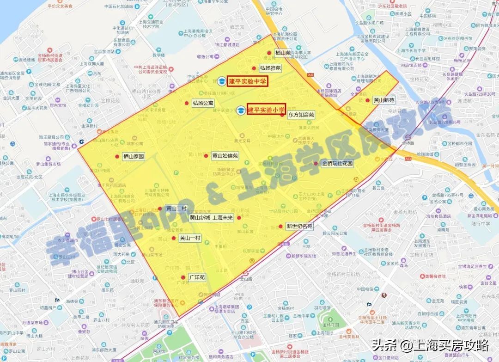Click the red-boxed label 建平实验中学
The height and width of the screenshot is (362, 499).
(x=248, y=81)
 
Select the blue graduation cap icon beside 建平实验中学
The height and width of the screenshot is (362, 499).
(x=222, y=81)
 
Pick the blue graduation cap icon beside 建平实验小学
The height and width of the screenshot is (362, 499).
(x=241, y=110)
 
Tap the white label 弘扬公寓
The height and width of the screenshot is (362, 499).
(x=203, y=103)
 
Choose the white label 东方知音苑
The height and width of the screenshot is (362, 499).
(x=301, y=114)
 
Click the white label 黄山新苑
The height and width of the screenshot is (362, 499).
(x=384, y=100)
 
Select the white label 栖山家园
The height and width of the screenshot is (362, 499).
(x=134, y=157)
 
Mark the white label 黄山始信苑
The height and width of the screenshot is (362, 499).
(x=225, y=156)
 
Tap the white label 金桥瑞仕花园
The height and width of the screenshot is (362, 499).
(x=337, y=163)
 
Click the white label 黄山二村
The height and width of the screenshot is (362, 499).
(x=176, y=209)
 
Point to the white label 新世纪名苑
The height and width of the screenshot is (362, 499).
(x=299, y=226)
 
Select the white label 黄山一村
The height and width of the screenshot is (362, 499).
(x=190, y=238)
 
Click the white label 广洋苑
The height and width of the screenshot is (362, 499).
(x=196, y=277)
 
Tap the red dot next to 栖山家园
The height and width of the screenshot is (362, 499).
(x=117, y=157)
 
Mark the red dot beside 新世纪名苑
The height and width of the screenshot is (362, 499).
(x=280, y=226)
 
